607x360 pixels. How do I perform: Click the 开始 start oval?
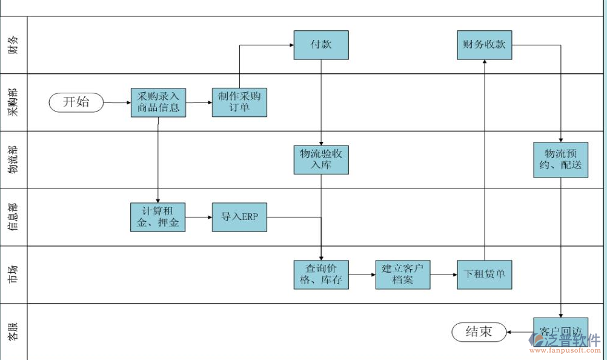[x=76, y=102]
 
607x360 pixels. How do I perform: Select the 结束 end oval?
[x=479, y=332]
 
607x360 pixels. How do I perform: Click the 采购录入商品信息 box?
[x=158, y=102]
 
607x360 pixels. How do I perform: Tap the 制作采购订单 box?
[x=239, y=102]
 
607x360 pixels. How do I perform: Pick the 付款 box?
[x=321, y=45]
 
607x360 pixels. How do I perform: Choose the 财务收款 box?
[x=484, y=45]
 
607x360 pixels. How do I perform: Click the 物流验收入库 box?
[x=321, y=159]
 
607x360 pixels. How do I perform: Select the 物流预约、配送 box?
[x=560, y=159]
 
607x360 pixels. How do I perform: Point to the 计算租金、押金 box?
[x=158, y=217]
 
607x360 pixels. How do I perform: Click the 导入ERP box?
[x=239, y=217]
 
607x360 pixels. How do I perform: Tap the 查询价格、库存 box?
[x=321, y=275]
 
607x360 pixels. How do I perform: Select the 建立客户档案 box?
[x=403, y=275]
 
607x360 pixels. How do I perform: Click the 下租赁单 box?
[x=484, y=275]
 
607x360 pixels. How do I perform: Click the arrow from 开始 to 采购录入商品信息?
[x=118, y=102]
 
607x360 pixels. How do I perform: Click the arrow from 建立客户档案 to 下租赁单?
[x=443, y=275]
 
